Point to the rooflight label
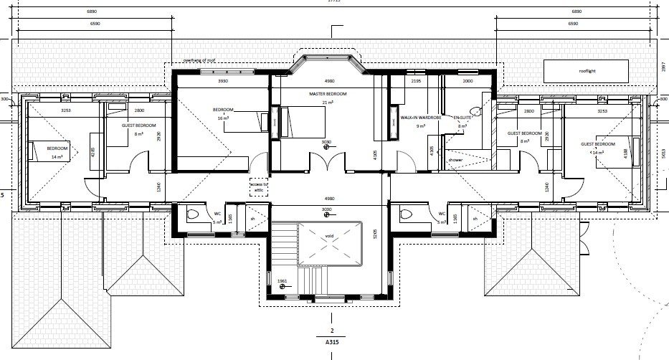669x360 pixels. tap(587, 71)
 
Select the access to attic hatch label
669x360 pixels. tap(258, 187)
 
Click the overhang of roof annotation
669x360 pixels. tap(200, 60)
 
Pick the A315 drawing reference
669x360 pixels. tap(332, 344)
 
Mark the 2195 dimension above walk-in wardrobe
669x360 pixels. tap(415, 81)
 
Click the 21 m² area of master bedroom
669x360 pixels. tap(328, 103)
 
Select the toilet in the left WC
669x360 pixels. tap(191, 214)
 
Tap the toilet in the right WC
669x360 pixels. tap(406, 214)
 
